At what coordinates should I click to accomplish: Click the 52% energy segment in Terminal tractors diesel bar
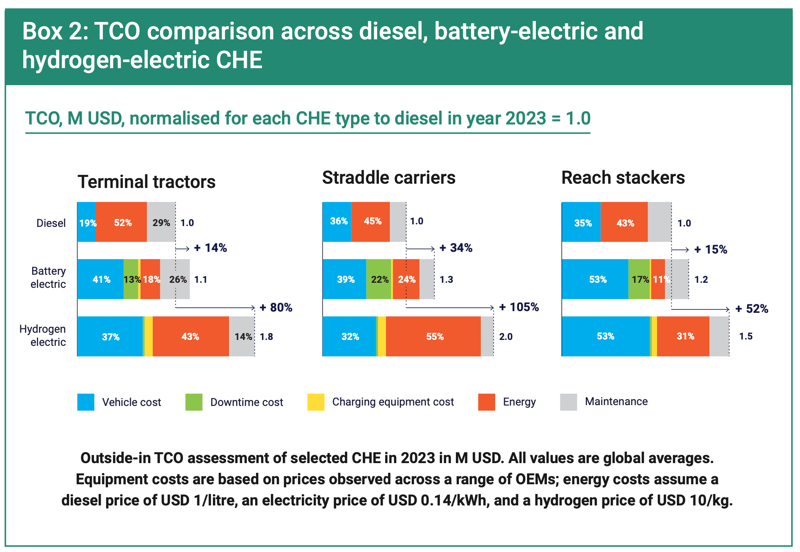[x=122, y=223]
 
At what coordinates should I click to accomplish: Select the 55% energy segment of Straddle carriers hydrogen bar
[x=434, y=337]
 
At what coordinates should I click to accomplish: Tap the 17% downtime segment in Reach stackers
[x=639, y=279]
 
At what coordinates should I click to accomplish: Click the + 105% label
[x=519, y=307]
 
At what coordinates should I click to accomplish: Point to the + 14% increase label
[x=210, y=248]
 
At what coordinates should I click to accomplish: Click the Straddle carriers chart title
[x=389, y=178]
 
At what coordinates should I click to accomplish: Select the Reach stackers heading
[x=623, y=178]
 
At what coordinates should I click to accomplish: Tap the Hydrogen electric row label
[x=43, y=335]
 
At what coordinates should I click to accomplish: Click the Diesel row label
[x=51, y=223]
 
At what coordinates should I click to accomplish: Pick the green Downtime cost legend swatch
[x=194, y=402]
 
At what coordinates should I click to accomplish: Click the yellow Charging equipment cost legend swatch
[x=316, y=402]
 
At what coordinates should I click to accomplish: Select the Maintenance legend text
[x=616, y=401]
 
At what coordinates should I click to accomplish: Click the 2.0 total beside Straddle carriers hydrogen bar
[x=505, y=337]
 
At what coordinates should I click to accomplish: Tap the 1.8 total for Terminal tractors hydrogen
[x=266, y=337]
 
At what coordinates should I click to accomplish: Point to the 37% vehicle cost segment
[x=110, y=337]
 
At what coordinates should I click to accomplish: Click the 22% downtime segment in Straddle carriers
[x=379, y=279]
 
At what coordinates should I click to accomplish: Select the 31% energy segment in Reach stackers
[x=685, y=336]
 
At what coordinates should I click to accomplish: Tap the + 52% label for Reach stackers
[x=752, y=309]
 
